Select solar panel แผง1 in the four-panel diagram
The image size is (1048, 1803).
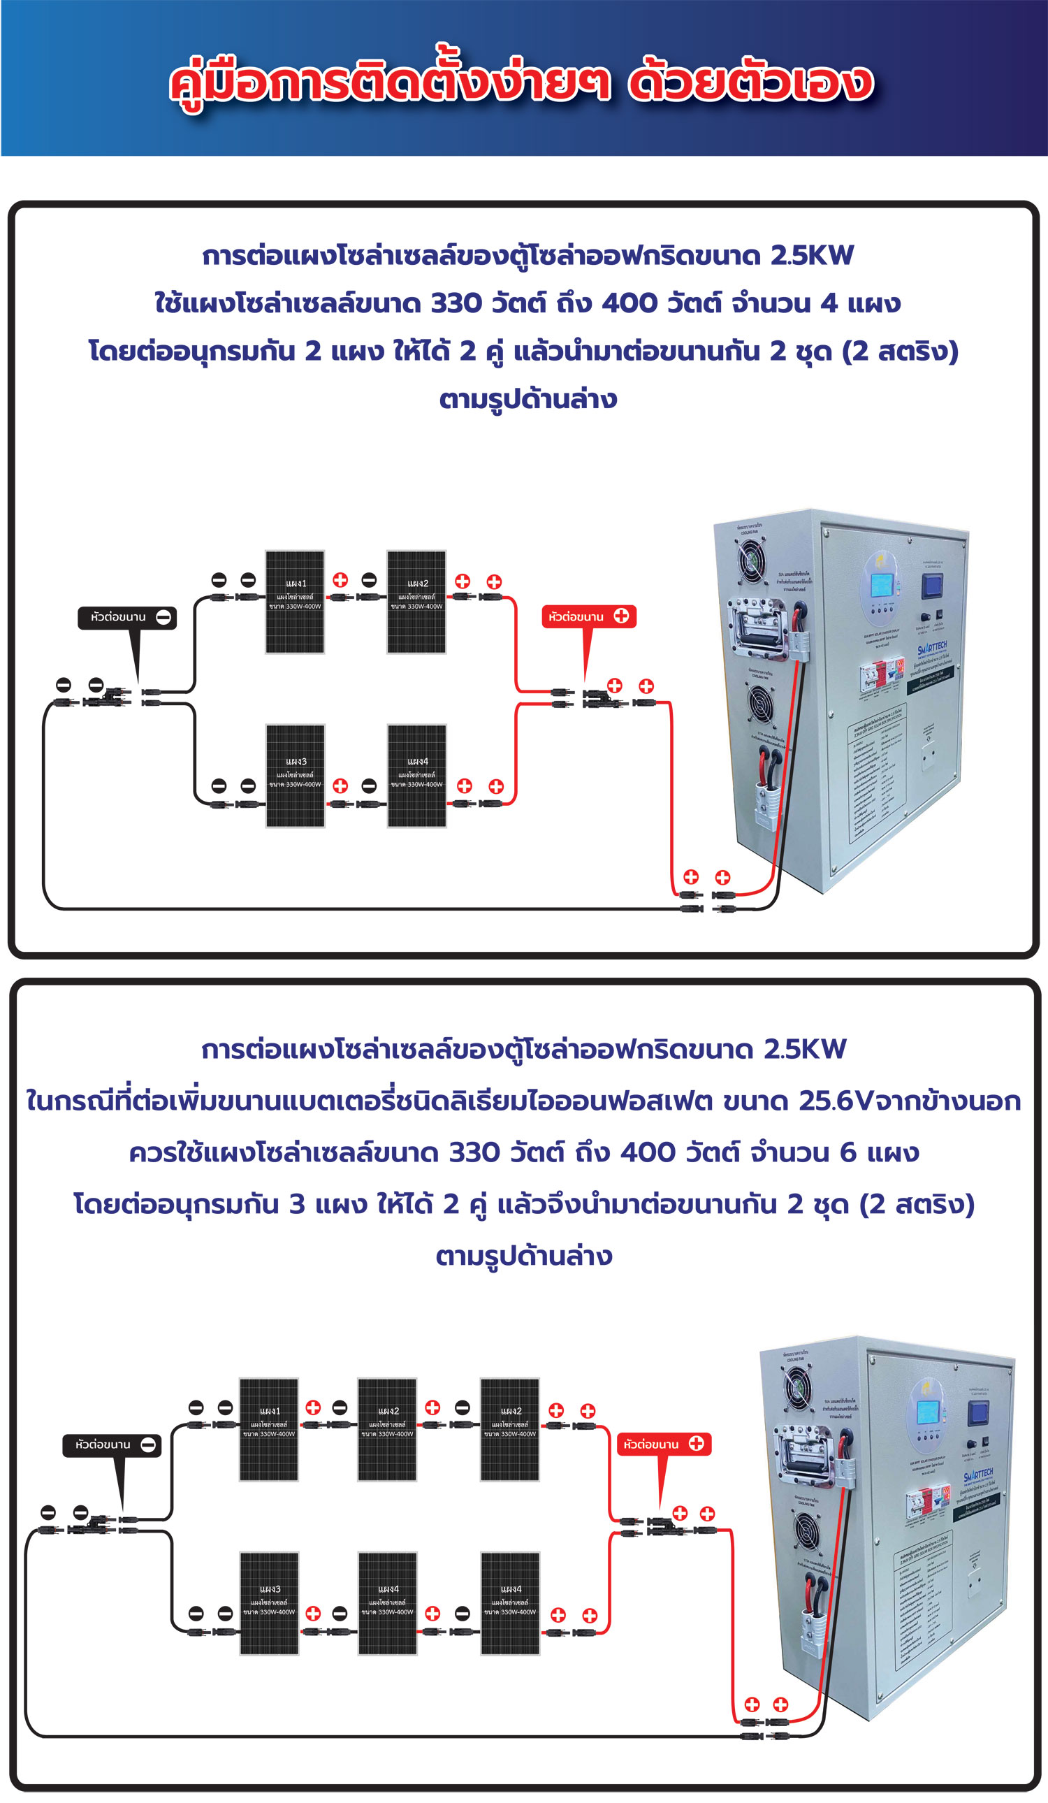coord(295,602)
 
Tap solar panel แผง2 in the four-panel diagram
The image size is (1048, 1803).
coord(416,602)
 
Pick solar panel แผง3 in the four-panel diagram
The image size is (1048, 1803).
coord(296,776)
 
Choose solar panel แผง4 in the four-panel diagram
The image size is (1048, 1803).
coord(417,776)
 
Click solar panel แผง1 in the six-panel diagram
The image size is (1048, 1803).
coord(269,1431)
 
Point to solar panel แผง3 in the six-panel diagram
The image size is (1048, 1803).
coord(269,1604)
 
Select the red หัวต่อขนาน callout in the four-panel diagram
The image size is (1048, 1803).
coord(589,617)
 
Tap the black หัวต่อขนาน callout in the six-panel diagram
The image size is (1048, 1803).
coord(112,1445)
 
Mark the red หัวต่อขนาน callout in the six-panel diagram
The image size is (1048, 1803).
coord(664,1444)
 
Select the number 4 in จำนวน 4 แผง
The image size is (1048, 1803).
coord(829,303)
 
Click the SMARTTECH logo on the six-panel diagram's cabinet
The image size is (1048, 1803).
coord(978,1475)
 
